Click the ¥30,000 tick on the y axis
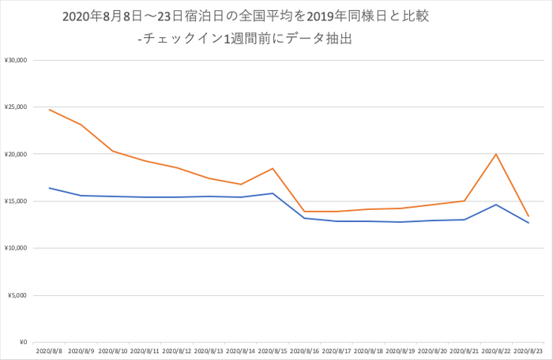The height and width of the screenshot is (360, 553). (x=16, y=60)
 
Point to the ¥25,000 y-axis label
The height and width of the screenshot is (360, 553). (x=16, y=107)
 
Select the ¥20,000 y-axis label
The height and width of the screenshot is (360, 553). (x=16, y=154)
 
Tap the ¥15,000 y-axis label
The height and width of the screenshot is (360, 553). (x=16, y=201)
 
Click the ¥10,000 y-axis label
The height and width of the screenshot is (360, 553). (x=16, y=248)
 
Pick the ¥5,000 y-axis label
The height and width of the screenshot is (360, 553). (x=17, y=295)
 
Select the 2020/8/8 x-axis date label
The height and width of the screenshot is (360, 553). (x=50, y=350)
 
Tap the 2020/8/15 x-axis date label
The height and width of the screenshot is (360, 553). (x=273, y=350)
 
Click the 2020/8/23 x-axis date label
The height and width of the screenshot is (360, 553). (x=528, y=350)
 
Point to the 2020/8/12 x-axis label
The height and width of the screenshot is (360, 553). (x=177, y=350)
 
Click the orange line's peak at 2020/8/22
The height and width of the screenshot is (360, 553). (x=496, y=154)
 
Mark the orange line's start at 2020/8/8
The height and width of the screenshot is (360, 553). (x=50, y=110)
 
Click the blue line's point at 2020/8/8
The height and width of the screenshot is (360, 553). (x=50, y=188)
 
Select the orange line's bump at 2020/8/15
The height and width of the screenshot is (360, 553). (x=273, y=168)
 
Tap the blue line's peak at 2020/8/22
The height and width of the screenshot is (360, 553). (x=496, y=204)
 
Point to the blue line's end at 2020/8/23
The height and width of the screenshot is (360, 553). (x=528, y=223)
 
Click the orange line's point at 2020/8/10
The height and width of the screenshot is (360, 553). (x=113, y=151)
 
